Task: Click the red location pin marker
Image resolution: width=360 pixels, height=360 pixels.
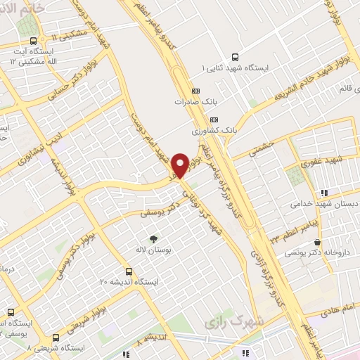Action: tap(180, 165)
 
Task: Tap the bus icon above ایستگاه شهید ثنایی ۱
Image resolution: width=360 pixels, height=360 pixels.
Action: tap(234, 58)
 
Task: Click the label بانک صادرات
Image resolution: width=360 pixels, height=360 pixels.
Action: tap(194, 102)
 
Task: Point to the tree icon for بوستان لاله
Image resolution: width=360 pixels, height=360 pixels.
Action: tap(153, 238)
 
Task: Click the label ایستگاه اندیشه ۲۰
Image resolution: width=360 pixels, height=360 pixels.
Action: tap(129, 281)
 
